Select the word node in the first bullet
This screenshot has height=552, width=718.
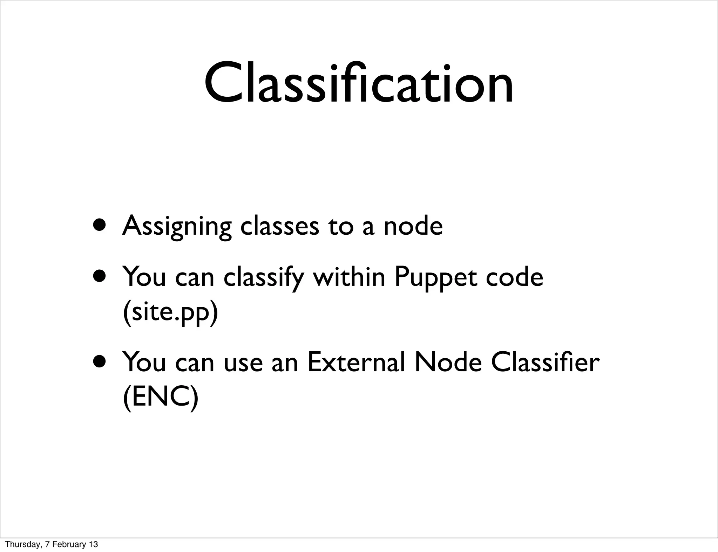click(x=413, y=226)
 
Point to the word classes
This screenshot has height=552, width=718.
click(x=279, y=226)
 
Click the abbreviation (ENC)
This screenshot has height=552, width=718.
click(x=161, y=398)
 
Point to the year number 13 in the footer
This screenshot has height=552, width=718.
click(x=93, y=544)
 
